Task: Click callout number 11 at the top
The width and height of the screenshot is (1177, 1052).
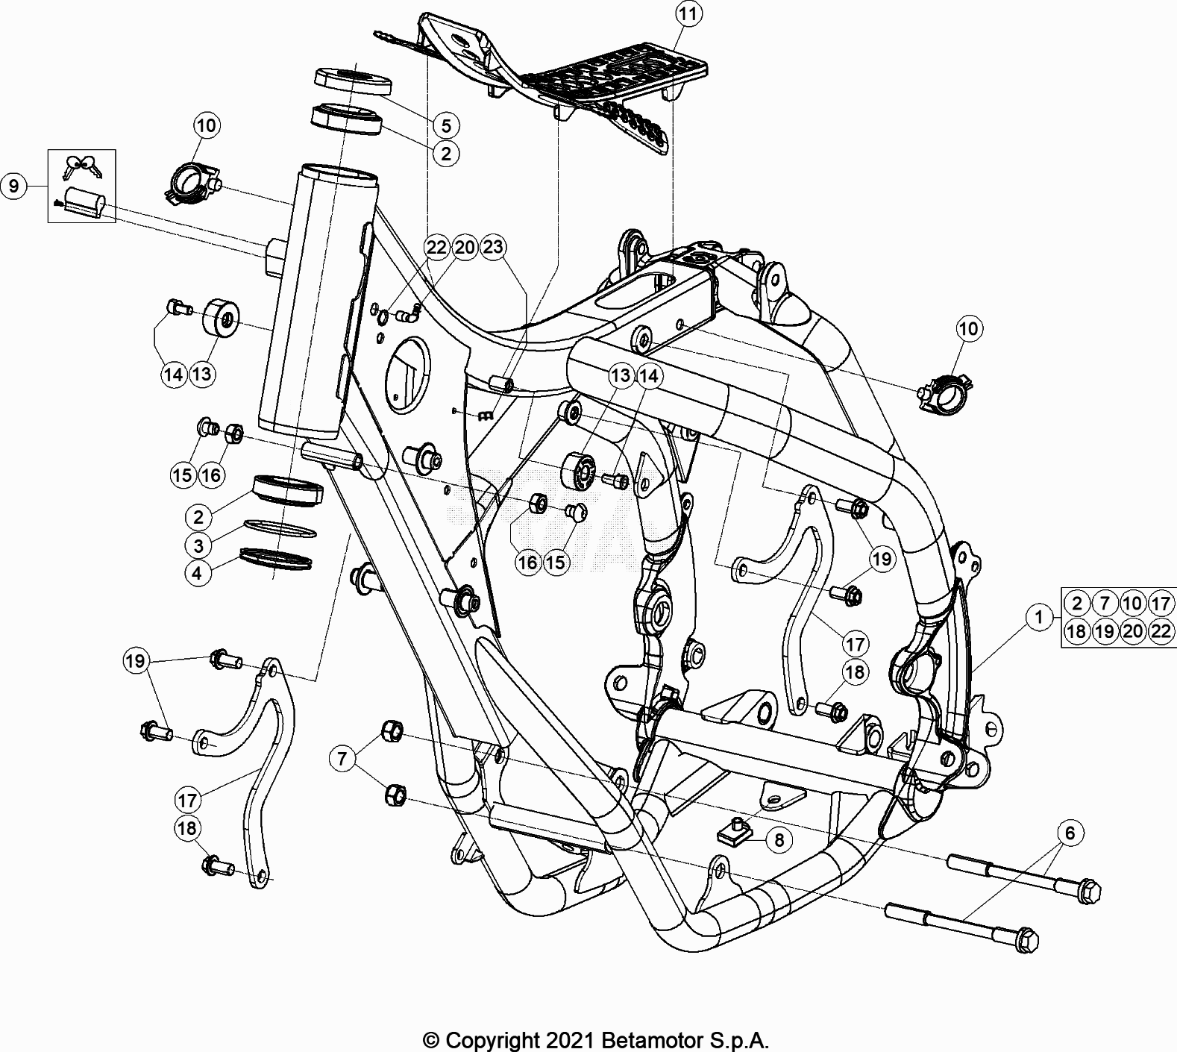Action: click(x=688, y=14)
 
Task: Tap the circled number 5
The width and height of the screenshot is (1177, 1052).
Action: click(x=445, y=125)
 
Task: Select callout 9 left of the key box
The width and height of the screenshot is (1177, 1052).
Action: click(x=14, y=185)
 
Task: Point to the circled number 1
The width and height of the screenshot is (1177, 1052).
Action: click(x=1038, y=617)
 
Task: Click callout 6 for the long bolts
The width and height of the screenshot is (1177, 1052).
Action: click(x=1070, y=833)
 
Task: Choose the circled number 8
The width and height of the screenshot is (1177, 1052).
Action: click(x=779, y=840)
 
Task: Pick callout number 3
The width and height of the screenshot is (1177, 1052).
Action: click(x=198, y=545)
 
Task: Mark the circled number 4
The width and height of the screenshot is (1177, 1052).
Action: click(x=198, y=573)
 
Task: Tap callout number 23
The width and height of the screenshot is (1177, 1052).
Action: click(x=493, y=247)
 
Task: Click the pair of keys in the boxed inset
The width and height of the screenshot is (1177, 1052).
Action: click(x=82, y=166)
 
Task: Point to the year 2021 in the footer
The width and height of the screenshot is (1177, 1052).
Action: click(x=568, y=1039)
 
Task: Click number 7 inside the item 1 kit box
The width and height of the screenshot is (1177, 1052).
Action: click(x=1105, y=603)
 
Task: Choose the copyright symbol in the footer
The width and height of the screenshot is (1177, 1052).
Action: click(x=431, y=1039)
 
